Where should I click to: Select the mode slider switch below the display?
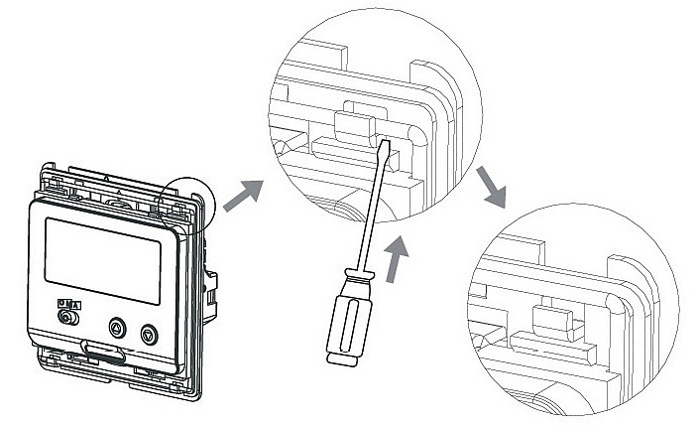68,318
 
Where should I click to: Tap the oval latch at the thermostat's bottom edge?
103,350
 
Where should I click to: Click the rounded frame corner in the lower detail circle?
635,299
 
